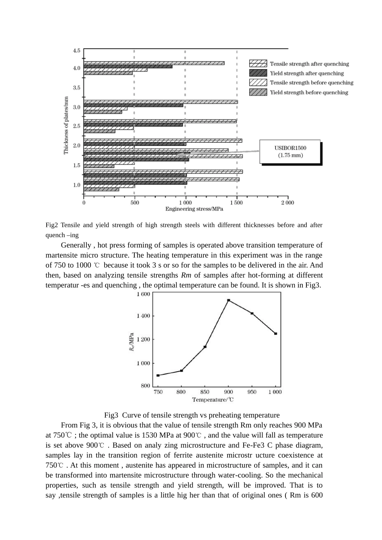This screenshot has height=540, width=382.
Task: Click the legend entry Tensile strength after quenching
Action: click(x=309, y=64)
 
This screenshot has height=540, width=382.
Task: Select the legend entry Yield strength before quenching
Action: click(x=309, y=92)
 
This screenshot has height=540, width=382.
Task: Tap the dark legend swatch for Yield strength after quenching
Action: click(x=258, y=73)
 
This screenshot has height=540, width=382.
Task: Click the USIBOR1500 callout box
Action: click(x=290, y=151)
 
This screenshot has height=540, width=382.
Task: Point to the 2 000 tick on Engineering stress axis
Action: click(x=287, y=202)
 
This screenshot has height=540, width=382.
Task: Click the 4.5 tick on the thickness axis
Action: click(x=76, y=51)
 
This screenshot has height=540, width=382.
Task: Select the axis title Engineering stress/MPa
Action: click(x=194, y=209)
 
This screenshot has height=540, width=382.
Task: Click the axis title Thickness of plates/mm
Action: click(x=66, y=125)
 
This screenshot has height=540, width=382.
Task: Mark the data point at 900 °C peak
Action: click(x=228, y=300)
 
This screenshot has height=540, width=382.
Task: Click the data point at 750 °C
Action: click(x=158, y=375)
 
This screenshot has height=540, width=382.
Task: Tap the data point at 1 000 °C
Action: click(x=275, y=333)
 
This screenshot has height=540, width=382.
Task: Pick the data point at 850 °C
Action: click(x=205, y=347)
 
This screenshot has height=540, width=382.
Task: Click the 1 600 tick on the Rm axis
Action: click(x=143, y=294)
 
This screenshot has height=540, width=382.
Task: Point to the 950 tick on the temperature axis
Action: click(x=252, y=392)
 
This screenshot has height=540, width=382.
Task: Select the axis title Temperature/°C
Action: click(x=213, y=399)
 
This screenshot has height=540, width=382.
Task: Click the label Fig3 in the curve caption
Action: click(x=111, y=415)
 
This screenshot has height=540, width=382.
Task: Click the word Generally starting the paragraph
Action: click(x=75, y=245)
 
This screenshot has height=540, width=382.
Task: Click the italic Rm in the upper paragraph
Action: click(x=186, y=275)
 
